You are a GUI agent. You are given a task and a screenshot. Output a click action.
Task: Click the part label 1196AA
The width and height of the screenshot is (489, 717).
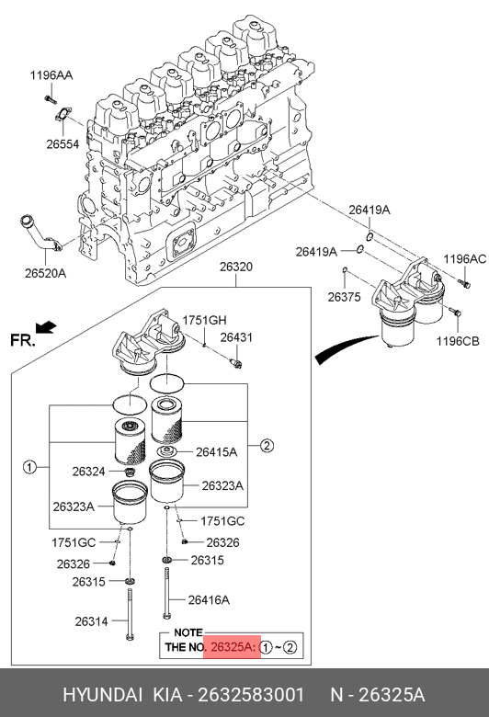tap(51, 75)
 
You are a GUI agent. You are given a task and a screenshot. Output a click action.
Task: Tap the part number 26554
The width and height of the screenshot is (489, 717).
tap(63, 144)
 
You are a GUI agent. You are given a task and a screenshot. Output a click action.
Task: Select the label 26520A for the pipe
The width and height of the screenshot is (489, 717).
tap(45, 273)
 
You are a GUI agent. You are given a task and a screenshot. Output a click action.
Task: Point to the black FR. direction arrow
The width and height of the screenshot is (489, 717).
tap(46, 327)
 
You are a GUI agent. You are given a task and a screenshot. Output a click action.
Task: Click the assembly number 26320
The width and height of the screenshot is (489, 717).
tap(236, 267)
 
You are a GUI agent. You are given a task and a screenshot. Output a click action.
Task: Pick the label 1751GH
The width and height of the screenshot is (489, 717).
tap(204, 321)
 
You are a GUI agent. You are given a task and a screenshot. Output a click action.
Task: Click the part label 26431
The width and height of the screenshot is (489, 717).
tap(236, 337)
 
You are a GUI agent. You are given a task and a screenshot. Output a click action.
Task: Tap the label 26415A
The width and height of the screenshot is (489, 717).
tap(216, 452)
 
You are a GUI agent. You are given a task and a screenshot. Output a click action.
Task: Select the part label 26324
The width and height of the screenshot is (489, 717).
tap(89, 472)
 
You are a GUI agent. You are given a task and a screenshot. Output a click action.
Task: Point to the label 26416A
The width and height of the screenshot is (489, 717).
tap(209, 600)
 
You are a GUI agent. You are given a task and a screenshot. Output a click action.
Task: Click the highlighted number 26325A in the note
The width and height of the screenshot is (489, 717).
tap(232, 647)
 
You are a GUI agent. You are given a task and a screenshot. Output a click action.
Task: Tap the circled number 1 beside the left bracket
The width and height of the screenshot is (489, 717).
tap(29, 467)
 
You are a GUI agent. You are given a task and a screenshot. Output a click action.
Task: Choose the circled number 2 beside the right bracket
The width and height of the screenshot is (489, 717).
tap(267, 446)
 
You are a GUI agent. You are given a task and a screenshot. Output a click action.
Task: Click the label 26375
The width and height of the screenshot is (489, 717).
tap(345, 297)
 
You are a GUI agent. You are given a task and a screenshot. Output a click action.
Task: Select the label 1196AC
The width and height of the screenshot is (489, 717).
tap(465, 259)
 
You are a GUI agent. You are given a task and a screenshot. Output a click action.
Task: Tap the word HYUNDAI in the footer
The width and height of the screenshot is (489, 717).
tap(102, 695)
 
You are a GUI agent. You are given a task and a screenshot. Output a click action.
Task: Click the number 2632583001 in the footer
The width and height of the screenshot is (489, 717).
tap(251, 695)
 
